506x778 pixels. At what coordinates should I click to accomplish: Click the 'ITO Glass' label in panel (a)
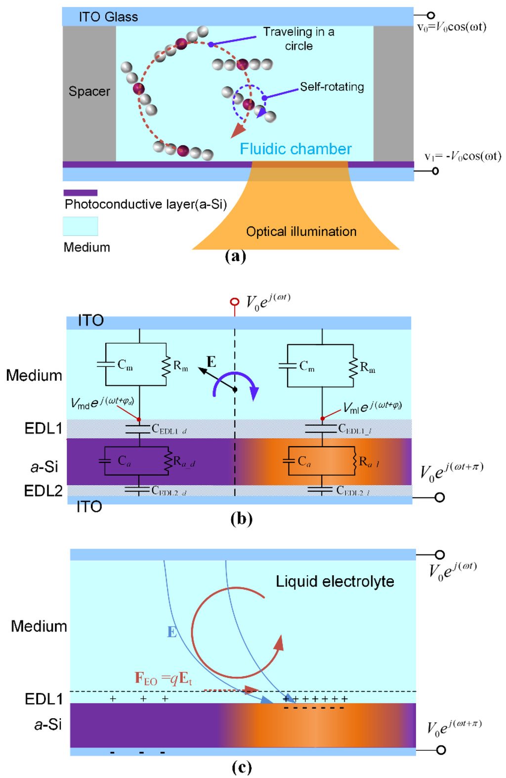(x=108, y=17)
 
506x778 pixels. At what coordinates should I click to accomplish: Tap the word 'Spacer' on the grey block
(x=89, y=92)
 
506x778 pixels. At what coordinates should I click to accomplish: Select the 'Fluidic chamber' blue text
(x=295, y=149)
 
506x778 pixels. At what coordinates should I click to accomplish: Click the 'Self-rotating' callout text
(x=332, y=87)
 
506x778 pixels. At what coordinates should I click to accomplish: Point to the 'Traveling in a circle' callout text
(x=298, y=39)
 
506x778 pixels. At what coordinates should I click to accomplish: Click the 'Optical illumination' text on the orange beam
(x=301, y=231)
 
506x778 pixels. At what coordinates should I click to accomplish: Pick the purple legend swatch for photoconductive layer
(x=80, y=193)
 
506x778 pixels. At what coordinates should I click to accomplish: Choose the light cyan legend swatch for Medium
(x=80, y=226)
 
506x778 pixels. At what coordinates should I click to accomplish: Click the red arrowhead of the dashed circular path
(x=239, y=131)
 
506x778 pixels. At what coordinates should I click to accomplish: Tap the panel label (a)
(x=235, y=256)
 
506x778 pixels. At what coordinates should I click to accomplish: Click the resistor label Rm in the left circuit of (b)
(x=180, y=366)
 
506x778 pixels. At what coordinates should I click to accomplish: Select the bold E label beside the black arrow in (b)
(x=211, y=362)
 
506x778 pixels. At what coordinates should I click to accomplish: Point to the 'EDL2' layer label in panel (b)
(x=43, y=491)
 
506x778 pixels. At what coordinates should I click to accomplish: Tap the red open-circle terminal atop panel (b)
(x=235, y=302)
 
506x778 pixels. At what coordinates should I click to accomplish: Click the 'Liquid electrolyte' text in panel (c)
(x=335, y=582)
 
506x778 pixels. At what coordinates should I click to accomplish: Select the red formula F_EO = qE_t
(x=163, y=679)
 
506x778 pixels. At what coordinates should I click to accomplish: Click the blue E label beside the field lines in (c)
(x=171, y=632)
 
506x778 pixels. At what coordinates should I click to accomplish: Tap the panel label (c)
(x=242, y=767)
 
